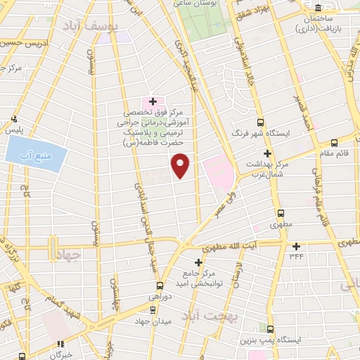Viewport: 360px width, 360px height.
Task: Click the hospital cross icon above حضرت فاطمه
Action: (153, 102)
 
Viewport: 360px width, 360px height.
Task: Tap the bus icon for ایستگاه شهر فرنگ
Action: (259, 121)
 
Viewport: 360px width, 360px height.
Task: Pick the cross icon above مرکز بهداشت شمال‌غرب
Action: (266, 153)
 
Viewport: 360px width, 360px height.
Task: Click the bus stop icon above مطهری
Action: (281, 213)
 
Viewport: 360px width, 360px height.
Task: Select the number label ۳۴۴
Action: (296, 257)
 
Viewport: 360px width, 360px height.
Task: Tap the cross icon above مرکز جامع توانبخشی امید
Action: (198, 262)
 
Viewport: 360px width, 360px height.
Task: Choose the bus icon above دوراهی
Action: (160, 285)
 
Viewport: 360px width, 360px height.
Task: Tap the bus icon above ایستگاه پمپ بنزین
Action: (271, 329)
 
